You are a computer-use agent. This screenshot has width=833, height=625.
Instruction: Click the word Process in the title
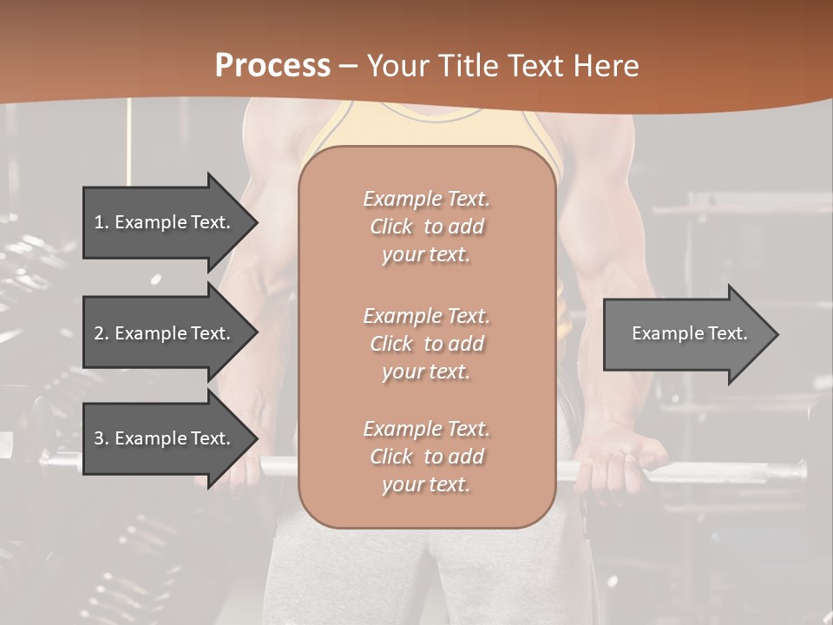(x=272, y=66)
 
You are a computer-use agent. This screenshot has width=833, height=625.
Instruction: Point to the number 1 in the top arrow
(x=99, y=222)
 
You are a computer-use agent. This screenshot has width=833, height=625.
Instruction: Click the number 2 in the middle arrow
(x=99, y=333)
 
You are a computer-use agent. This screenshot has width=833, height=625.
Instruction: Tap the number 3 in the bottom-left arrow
(x=99, y=438)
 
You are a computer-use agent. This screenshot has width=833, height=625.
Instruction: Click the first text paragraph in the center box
(x=426, y=227)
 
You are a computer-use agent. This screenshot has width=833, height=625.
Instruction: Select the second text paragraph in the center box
(x=426, y=343)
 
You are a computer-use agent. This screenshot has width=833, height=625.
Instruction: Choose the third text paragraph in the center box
(x=426, y=457)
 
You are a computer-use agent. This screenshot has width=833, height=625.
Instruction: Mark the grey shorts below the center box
(x=425, y=573)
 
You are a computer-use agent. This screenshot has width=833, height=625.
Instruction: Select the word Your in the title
(x=397, y=66)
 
